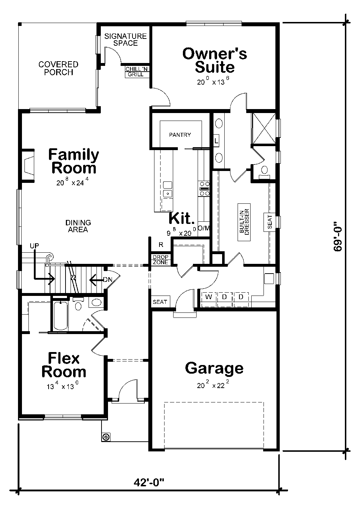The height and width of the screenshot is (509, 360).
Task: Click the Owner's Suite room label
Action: [215, 60]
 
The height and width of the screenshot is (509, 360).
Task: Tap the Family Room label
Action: [74, 161]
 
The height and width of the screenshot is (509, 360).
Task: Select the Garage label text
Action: [214, 368]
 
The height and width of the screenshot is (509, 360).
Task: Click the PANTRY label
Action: [180, 135]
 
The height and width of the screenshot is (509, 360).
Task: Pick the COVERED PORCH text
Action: [58, 68]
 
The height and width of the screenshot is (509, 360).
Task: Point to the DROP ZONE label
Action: [160, 260]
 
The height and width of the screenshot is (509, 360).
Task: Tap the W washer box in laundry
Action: [208, 297]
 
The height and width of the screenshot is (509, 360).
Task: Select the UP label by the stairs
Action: [35, 246]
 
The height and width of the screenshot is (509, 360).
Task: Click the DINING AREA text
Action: [78, 226]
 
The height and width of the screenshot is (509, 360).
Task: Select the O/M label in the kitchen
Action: [203, 228]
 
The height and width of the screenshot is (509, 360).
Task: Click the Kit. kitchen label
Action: [182, 218]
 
